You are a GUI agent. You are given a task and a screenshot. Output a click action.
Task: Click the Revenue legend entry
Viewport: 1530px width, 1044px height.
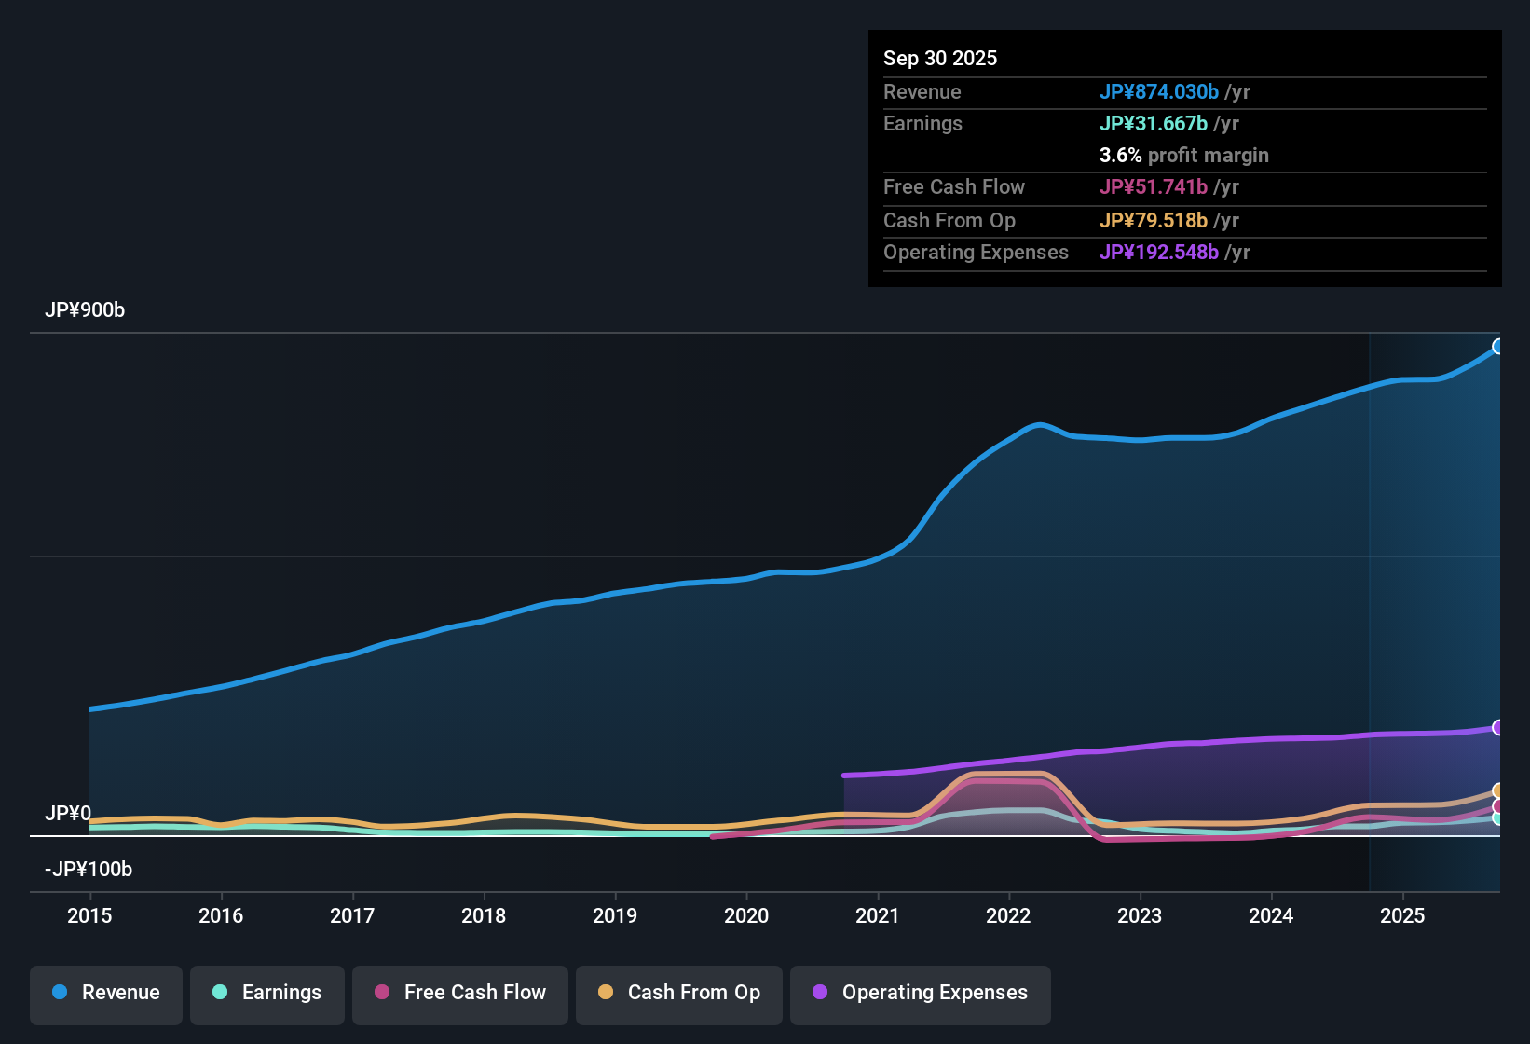[x=106, y=993]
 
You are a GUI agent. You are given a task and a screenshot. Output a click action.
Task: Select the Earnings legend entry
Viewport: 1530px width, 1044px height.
[x=267, y=993]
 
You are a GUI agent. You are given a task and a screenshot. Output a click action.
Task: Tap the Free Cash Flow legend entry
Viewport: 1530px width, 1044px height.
[x=460, y=993]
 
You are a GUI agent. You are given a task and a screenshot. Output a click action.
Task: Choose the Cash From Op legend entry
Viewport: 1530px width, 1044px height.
[x=679, y=993]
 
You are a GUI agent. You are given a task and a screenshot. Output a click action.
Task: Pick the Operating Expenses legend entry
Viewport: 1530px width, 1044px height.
[x=921, y=993]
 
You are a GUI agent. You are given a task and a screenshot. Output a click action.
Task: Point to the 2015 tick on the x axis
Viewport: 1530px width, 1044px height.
[x=89, y=915]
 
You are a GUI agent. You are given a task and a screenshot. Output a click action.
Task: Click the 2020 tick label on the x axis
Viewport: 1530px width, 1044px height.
[x=746, y=915]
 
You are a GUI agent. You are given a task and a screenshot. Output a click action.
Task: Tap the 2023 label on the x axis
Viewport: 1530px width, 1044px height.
[x=1140, y=915]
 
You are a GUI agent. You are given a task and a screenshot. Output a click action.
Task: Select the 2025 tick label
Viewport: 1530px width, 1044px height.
[x=1402, y=915]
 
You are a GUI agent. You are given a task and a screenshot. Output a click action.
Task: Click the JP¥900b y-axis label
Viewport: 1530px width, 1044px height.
[x=85, y=310]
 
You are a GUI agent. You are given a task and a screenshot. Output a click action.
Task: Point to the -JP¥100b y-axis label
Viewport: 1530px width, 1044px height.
[x=89, y=870]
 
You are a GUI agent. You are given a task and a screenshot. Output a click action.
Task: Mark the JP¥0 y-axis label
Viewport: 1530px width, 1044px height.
[x=68, y=814]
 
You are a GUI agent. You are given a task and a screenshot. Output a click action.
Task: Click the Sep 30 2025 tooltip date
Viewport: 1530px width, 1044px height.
[x=940, y=59]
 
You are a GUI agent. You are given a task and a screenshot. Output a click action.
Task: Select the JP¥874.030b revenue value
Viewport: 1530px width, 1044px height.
[x=1158, y=92]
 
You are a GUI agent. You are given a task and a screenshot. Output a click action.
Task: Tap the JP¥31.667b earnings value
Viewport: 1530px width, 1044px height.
[x=1153, y=124]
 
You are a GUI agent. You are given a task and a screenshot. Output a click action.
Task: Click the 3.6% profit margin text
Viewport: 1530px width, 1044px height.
[x=1183, y=156]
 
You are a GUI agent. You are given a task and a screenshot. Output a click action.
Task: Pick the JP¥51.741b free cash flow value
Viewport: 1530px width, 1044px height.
[x=1153, y=187]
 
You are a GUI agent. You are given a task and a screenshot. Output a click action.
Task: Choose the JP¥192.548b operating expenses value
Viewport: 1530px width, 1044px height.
[x=1158, y=253]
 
